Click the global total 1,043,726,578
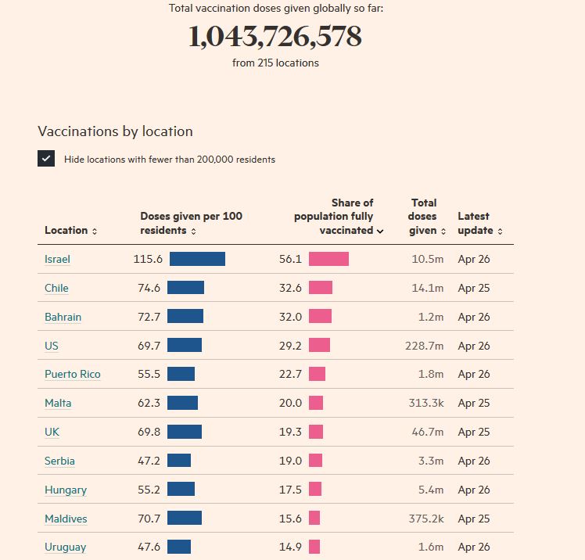point(275,37)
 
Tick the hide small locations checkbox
point(46,159)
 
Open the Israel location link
point(58,259)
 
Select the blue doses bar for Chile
point(185,288)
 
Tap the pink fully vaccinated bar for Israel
point(328,259)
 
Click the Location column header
point(71,230)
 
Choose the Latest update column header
point(479,223)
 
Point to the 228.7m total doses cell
point(424,346)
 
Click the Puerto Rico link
point(72,375)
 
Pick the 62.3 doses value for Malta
point(149,403)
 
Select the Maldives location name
point(66,519)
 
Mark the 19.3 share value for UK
point(290,432)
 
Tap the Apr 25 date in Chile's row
point(474,288)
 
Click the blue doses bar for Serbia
point(179,461)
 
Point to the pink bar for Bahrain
point(320,317)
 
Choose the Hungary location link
point(66,490)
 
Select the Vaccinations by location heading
point(115,131)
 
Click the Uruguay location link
point(65,547)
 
